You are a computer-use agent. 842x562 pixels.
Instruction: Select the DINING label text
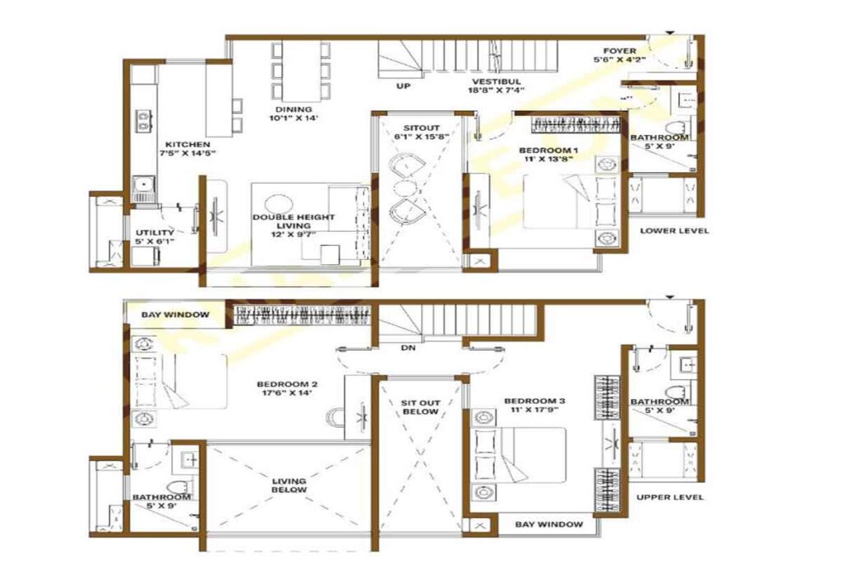click(x=293, y=109)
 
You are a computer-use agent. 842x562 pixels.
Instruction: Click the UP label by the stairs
click(x=403, y=85)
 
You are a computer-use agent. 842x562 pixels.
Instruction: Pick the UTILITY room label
click(x=155, y=233)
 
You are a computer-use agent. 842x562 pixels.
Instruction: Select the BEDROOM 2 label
click(x=287, y=384)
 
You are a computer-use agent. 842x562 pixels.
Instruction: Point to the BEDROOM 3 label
click(x=535, y=402)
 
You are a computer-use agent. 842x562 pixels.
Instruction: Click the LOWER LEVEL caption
click(x=673, y=231)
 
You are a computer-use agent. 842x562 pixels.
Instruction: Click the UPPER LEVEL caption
click(x=670, y=497)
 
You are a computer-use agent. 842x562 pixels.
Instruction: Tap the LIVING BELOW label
click(x=289, y=485)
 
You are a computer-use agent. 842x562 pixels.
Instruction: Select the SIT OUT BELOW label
click(x=420, y=407)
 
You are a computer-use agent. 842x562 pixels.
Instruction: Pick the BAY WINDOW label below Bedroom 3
click(x=548, y=524)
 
